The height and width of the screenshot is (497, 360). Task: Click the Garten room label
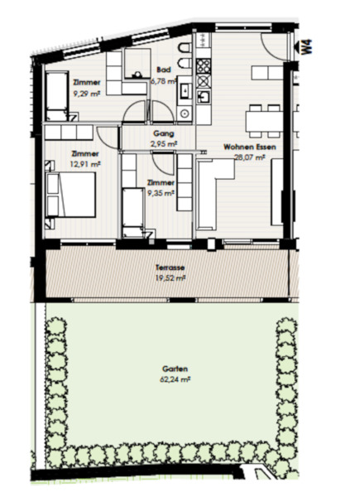coord(175,369)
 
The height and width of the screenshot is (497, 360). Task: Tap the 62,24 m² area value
coord(175,379)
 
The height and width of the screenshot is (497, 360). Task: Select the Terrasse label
coord(170,268)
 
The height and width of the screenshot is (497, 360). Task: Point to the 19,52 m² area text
coord(170,278)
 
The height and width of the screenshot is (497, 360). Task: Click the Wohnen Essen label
coord(249,147)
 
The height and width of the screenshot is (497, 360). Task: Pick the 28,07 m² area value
coord(249,157)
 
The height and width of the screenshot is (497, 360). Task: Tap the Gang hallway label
coord(164,133)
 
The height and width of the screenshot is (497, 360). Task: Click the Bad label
coord(164,70)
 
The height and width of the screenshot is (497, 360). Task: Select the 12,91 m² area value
coord(85,164)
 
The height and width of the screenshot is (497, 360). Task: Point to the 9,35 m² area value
coord(161,193)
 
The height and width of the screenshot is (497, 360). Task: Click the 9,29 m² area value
coord(87,93)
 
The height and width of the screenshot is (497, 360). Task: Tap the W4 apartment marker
coord(306,47)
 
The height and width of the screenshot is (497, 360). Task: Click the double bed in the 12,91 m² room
coord(71,195)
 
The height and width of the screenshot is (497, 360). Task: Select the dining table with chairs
coord(264,121)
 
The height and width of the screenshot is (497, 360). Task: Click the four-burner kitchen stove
coord(204,66)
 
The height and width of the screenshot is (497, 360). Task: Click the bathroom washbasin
coord(185,91)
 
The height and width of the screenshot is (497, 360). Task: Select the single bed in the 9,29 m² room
coord(57,95)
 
